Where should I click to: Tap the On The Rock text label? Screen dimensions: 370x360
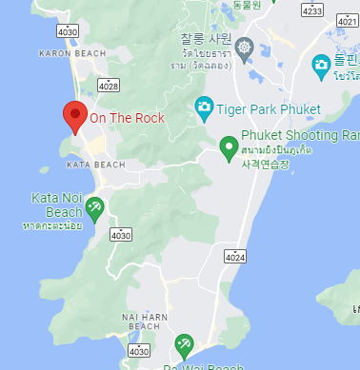127,119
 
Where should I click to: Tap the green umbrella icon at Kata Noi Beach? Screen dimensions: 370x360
94,207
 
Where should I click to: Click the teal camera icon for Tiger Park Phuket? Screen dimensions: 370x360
203,107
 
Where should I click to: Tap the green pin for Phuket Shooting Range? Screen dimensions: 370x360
228,146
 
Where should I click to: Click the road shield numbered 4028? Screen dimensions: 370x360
108,86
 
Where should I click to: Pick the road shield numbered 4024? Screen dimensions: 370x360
235,257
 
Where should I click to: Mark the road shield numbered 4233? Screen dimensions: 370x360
311,10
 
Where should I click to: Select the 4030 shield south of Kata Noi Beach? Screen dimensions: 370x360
121,233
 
